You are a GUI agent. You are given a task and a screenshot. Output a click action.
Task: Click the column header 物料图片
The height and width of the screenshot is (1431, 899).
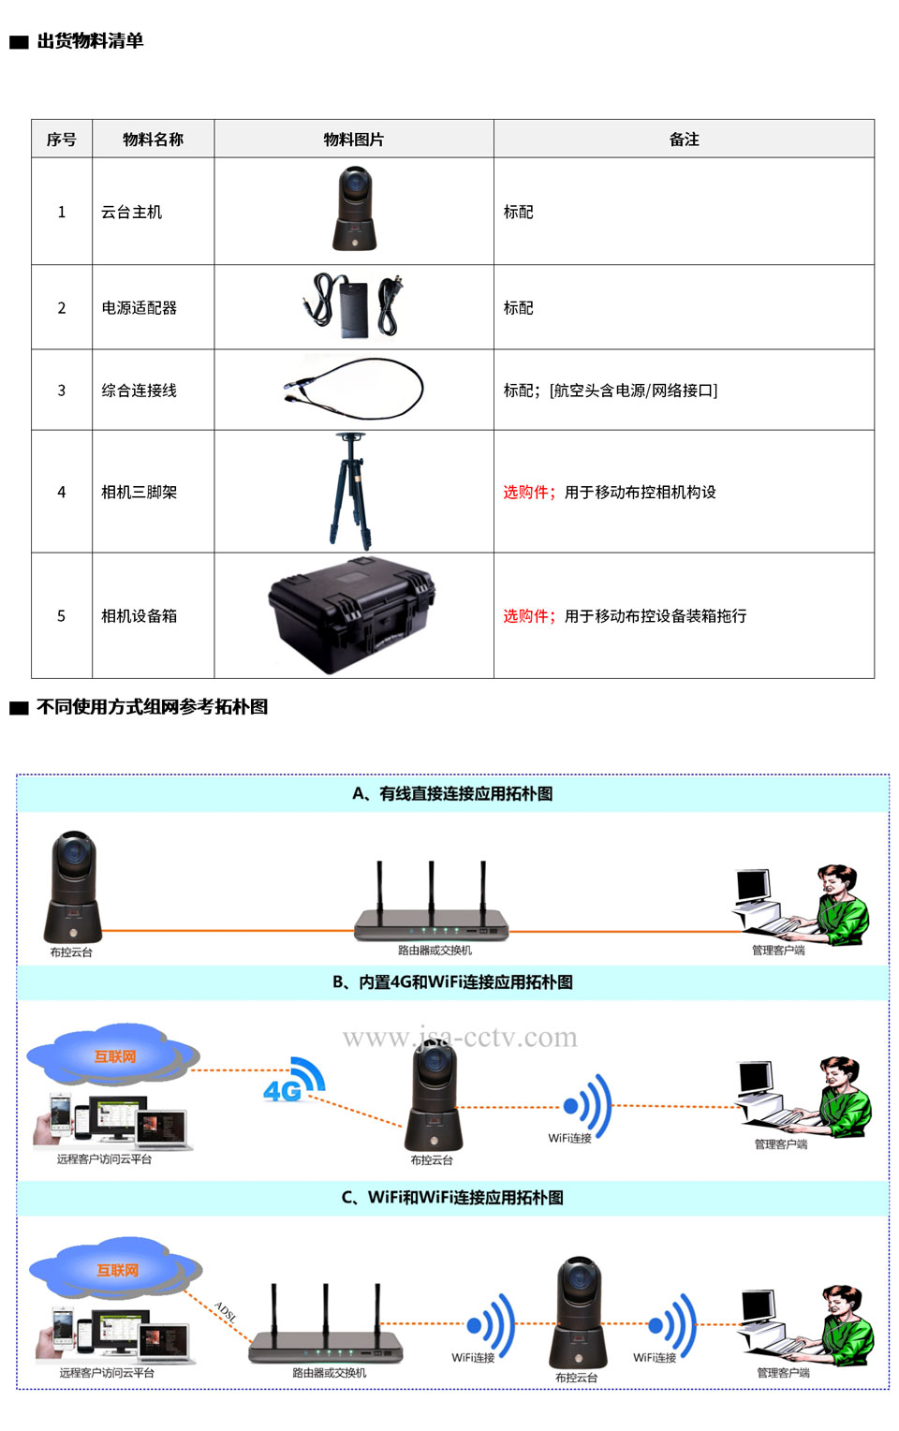pos(353,140)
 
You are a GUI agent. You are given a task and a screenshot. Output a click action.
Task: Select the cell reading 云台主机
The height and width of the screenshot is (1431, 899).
pos(132,212)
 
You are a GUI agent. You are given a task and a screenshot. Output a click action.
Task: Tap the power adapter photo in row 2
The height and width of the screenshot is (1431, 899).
pos(353,306)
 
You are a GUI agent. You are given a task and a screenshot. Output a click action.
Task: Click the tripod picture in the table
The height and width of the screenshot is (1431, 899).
pos(350,492)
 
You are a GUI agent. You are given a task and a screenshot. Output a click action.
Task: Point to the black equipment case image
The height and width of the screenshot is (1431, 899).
pos(352,614)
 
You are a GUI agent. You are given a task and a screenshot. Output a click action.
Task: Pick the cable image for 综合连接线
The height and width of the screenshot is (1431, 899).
pos(353,389)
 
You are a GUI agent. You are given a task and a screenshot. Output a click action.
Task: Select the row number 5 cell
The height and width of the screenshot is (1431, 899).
pos(62,616)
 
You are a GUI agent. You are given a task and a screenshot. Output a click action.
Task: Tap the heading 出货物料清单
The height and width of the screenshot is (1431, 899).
pos(90,41)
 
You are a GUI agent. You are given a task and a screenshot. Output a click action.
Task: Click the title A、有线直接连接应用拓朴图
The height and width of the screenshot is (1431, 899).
pos(452,793)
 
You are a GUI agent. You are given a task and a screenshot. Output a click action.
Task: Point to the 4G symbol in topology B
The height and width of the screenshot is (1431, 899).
pos(295,1081)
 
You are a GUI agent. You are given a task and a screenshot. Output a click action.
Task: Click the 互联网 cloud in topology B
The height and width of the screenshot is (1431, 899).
pos(113,1055)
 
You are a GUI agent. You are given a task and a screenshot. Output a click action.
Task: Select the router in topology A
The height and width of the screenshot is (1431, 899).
pos(432,902)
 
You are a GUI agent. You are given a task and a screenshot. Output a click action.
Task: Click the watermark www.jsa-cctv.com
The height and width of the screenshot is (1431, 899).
pos(460,1037)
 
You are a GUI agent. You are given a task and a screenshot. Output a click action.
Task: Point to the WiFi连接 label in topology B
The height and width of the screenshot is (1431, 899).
pos(570,1138)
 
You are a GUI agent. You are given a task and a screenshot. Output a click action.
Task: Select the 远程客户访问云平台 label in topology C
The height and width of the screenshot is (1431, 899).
pos(107,1372)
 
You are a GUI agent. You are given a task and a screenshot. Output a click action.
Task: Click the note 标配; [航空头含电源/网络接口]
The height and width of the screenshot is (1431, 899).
pos(611,391)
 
